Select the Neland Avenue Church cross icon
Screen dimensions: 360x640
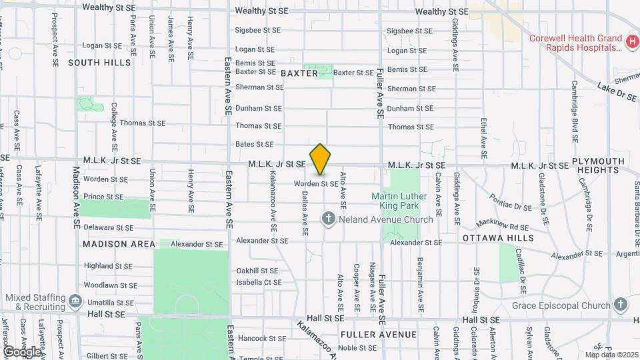pos(328,219)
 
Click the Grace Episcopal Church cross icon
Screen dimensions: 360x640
pos(621,305)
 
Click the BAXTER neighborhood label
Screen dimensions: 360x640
pos(299,73)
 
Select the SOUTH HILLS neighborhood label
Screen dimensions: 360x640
pos(99,63)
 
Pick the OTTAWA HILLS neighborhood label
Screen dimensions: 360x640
pos(498,238)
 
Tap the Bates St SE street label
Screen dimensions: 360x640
pos(255,144)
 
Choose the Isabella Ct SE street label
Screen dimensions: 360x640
pos(259,283)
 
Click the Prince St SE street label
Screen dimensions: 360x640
pos(103,197)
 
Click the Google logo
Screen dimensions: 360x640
pos(22,351)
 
